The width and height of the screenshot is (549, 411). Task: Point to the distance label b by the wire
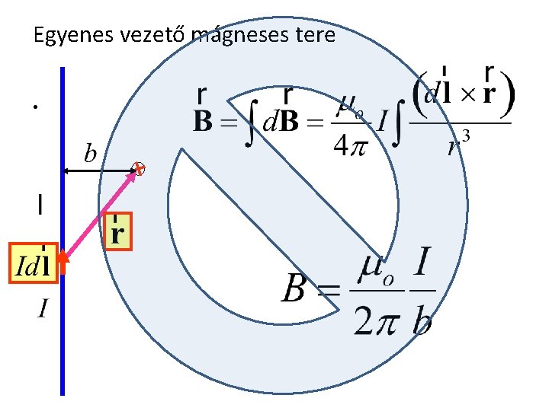click(90, 155)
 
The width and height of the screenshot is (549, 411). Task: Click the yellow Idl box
click(33, 264)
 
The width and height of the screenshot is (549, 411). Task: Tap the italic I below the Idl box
click(43, 308)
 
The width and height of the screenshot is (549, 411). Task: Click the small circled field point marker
click(138, 170)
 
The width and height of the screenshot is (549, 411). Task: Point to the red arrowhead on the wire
click(63, 264)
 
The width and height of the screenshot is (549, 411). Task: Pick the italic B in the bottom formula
click(297, 289)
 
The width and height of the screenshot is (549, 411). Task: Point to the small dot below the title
click(35, 107)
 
